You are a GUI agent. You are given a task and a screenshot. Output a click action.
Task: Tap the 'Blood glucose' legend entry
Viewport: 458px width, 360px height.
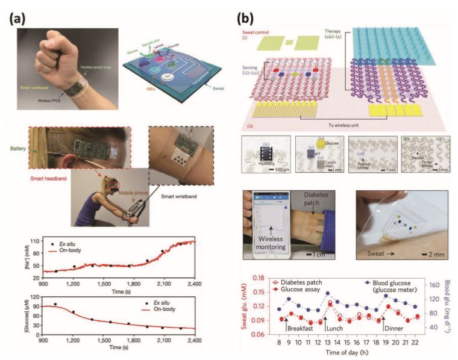point(383,283)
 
